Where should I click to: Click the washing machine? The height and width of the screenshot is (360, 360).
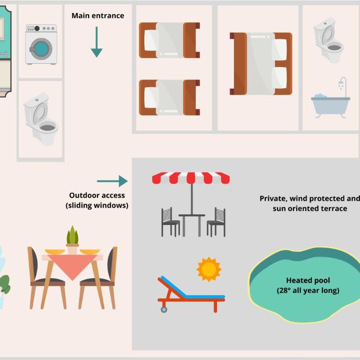pyautogui.click(x=41, y=45)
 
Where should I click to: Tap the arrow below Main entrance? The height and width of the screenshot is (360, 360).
pyautogui.click(x=97, y=42)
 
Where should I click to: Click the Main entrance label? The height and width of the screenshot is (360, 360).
pyautogui.click(x=98, y=15)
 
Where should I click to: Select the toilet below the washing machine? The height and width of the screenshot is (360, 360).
pyautogui.click(x=41, y=119)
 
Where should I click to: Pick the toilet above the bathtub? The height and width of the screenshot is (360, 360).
pyautogui.click(x=329, y=40)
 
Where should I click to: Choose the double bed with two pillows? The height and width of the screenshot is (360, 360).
pyautogui.click(x=261, y=64)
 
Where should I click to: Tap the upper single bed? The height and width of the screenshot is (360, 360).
pyautogui.click(x=169, y=40)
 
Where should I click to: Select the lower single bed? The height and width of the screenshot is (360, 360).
pyautogui.click(x=169, y=97)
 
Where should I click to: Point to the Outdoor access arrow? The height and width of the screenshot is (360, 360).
pyautogui.click(x=112, y=181)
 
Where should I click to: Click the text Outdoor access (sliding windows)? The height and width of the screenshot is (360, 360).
pyautogui.click(x=97, y=200)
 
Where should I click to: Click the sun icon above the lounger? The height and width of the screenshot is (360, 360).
pyautogui.click(x=209, y=269)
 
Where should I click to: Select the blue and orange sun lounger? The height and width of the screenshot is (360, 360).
pyautogui.click(x=191, y=294)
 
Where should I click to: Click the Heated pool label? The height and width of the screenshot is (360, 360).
pyautogui.click(x=308, y=285)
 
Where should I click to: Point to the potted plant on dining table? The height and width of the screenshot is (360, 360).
pyautogui.click(x=73, y=240)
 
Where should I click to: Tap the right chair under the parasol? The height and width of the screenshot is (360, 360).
pyautogui.click(x=216, y=222)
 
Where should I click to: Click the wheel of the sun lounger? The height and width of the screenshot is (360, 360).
pyautogui.click(x=164, y=310)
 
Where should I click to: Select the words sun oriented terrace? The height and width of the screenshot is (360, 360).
pyautogui.click(x=310, y=209)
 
